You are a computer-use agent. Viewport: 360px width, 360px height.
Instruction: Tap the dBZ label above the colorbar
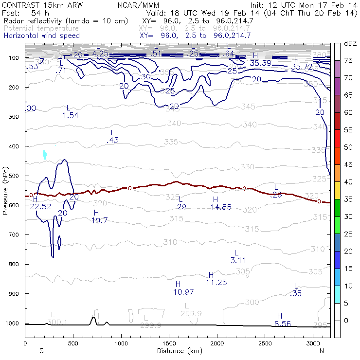coord(350,44)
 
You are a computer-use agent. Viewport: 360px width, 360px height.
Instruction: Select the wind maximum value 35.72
coord(302,66)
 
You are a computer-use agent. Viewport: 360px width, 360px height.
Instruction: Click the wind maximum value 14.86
coord(220,207)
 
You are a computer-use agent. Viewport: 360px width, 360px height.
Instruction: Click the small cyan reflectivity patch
coord(45,155)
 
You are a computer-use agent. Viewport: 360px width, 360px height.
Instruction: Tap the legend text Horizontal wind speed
coord(41,36)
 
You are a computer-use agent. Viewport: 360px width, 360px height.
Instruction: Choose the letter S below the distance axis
coord(41,351)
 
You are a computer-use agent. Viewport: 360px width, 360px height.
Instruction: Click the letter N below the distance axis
coord(322,351)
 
